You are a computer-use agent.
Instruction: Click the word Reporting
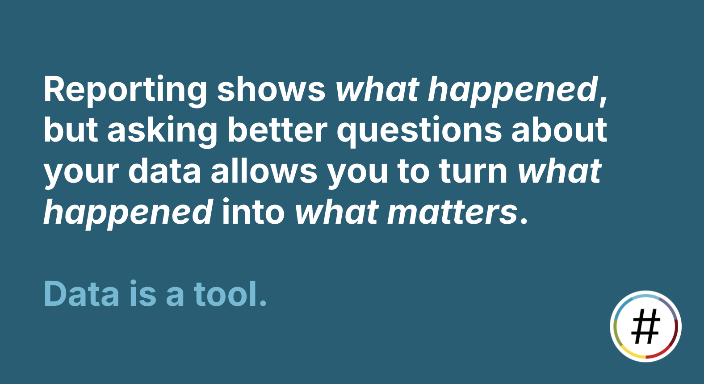[x=125, y=91]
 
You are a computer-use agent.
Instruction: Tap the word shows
[x=271, y=89]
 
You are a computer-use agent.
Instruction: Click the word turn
[x=474, y=171]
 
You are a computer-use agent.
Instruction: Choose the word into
[x=253, y=212]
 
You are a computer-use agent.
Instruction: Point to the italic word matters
[x=452, y=212]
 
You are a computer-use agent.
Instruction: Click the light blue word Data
[x=81, y=293]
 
